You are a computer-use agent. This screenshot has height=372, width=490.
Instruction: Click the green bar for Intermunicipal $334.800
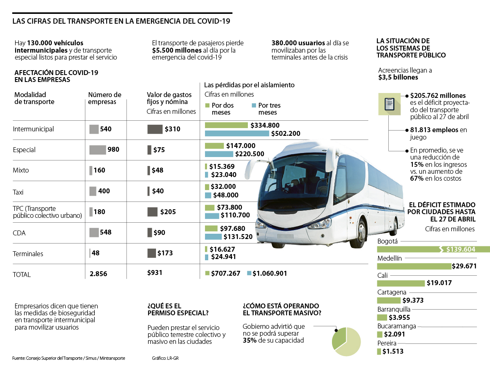[x=226, y=125]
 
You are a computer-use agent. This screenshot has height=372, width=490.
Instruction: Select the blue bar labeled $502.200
[x=237, y=133]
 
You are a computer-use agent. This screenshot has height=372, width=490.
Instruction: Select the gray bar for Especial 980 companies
[x=98, y=150]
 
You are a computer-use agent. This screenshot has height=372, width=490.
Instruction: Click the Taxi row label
[x=19, y=191]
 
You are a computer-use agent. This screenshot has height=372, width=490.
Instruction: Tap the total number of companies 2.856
[x=98, y=274]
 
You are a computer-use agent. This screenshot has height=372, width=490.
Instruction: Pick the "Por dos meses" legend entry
[x=220, y=108]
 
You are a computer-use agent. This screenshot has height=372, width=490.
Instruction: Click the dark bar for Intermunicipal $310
[x=155, y=129]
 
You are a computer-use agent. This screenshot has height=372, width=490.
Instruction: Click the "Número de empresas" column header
[x=105, y=98]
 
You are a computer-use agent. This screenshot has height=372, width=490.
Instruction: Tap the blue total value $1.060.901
[x=269, y=273]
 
